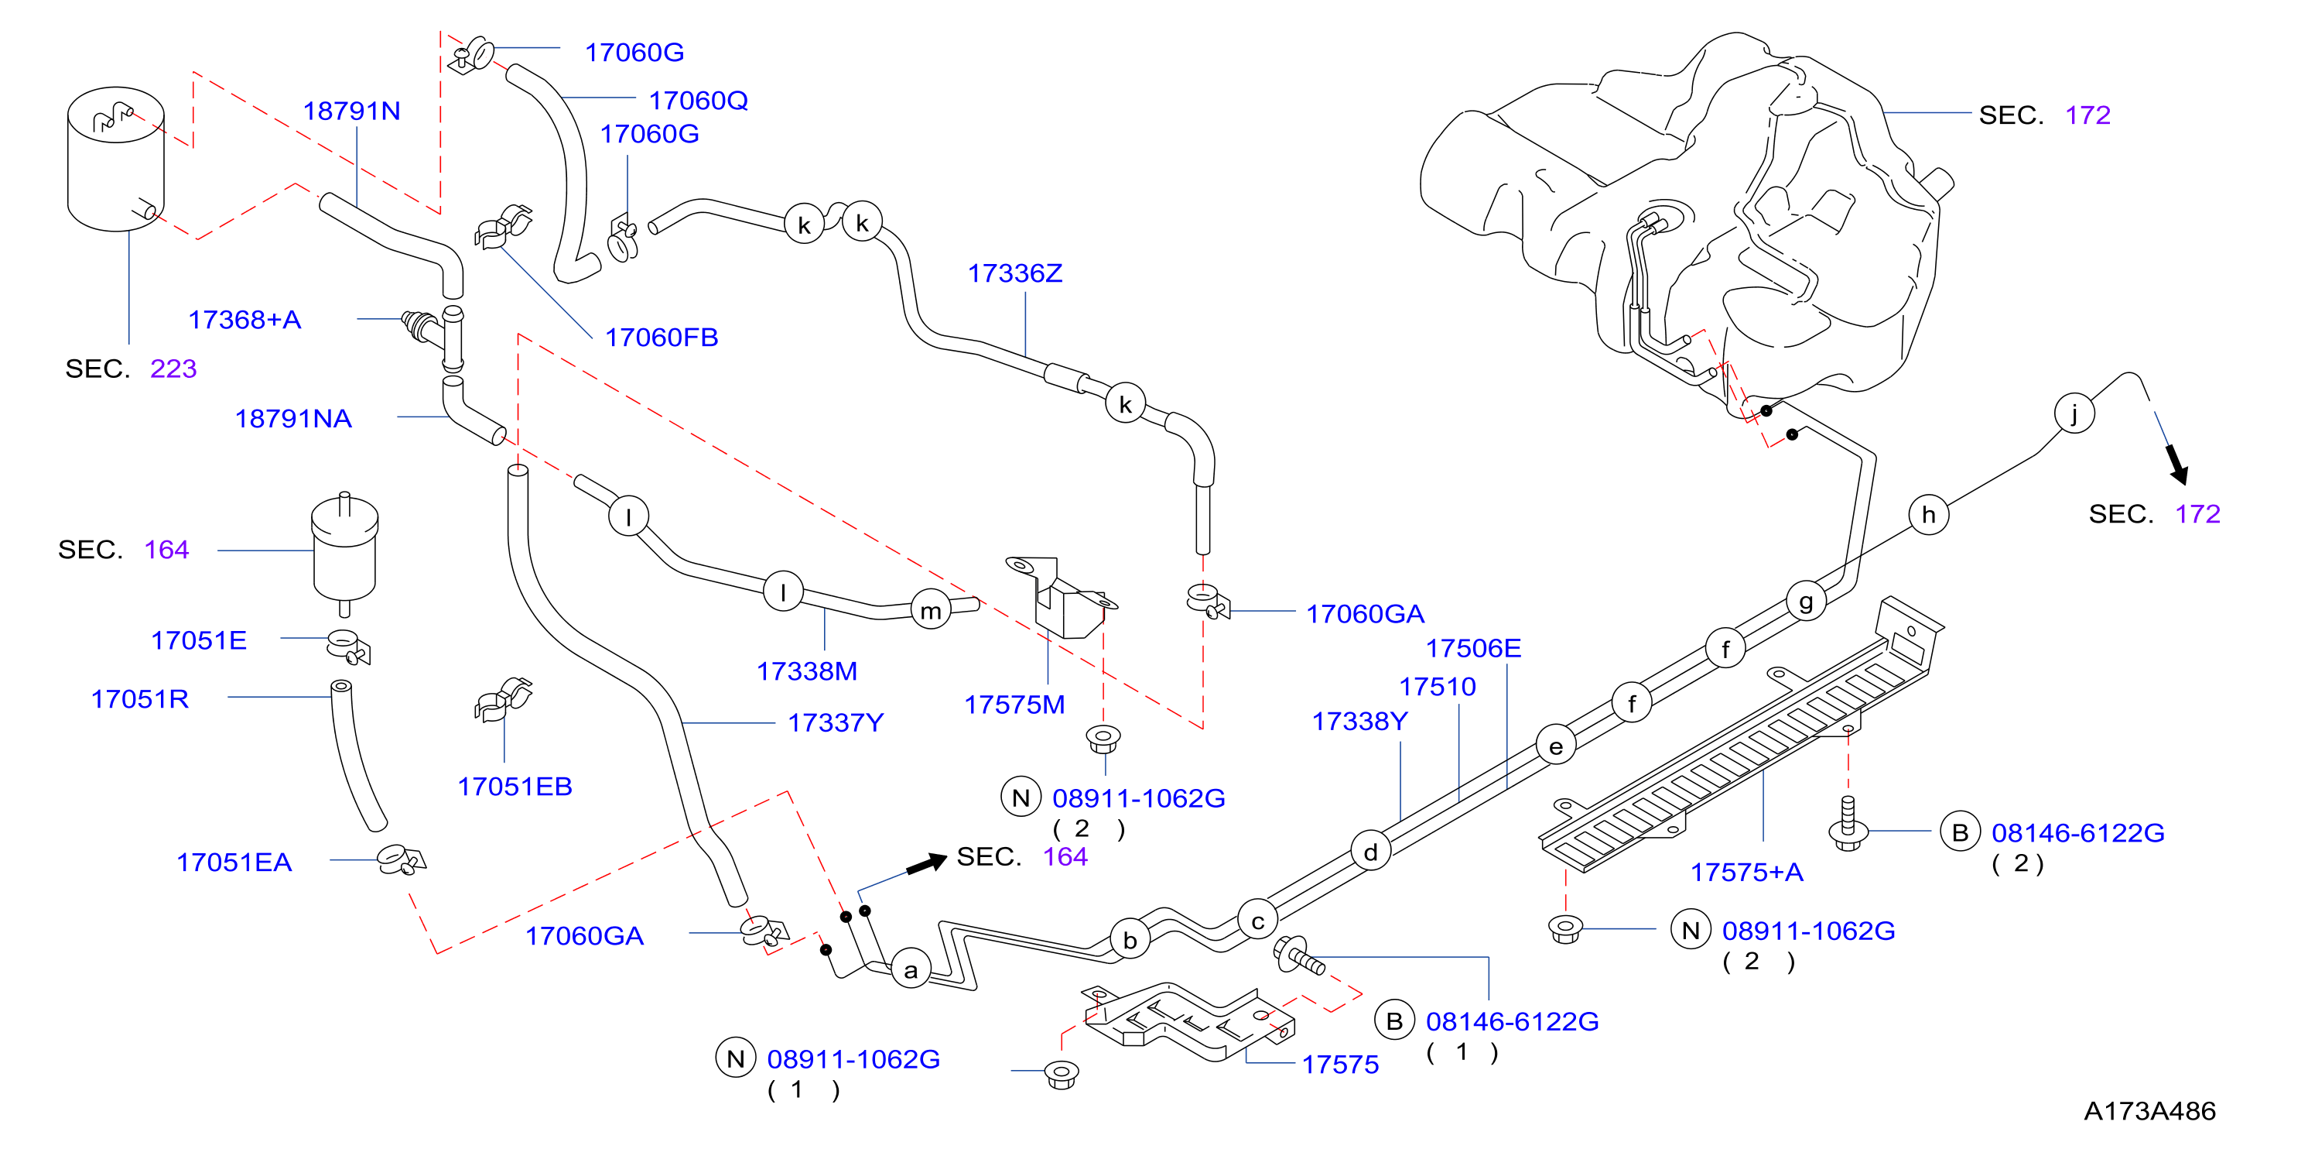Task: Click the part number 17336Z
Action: coord(1014,273)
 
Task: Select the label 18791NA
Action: coord(293,419)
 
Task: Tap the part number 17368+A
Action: coord(244,320)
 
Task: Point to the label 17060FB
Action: coord(662,337)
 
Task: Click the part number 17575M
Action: coord(1014,705)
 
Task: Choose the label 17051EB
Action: coord(515,786)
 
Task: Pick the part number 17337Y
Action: coord(835,722)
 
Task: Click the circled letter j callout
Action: coord(2074,413)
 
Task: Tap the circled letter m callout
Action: coord(931,610)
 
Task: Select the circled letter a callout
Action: coord(911,969)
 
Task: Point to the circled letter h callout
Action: coord(1929,514)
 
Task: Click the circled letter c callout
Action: coord(1258,921)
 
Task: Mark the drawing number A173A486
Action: coord(2149,1110)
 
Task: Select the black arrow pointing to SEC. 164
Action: coord(926,864)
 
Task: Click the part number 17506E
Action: coord(1473,648)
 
